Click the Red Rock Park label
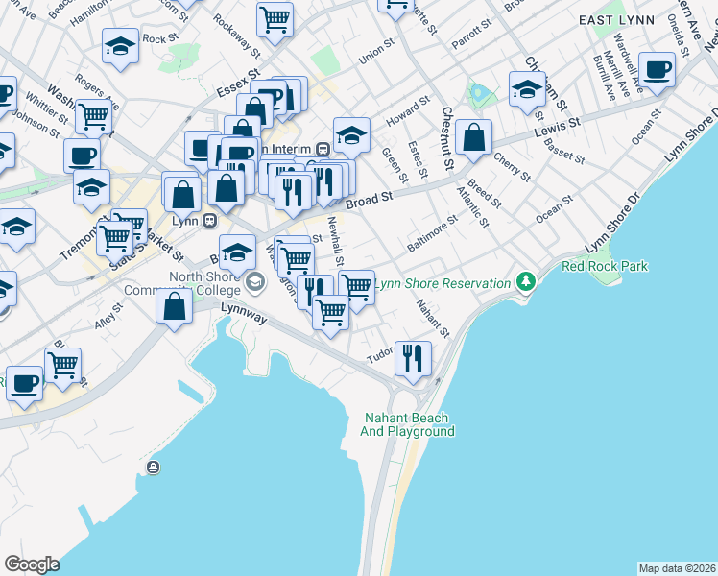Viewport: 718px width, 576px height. pos(605,266)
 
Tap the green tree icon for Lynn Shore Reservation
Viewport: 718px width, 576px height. pos(524,282)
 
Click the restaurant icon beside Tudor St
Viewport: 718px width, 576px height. pos(414,357)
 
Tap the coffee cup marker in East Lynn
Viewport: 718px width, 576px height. pos(658,69)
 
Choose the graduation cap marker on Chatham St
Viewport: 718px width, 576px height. pos(527,88)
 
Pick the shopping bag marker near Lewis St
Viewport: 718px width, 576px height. pos(474,136)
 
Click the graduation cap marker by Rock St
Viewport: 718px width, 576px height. pos(121,46)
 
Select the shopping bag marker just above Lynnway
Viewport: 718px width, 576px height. pos(174,306)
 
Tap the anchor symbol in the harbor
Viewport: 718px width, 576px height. pos(153,467)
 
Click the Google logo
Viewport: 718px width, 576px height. pos(32,564)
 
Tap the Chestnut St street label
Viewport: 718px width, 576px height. pos(447,139)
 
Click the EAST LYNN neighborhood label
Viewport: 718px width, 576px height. pos(615,19)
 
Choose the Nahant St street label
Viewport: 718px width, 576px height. pos(432,319)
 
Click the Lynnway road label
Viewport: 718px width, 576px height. pos(242,308)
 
